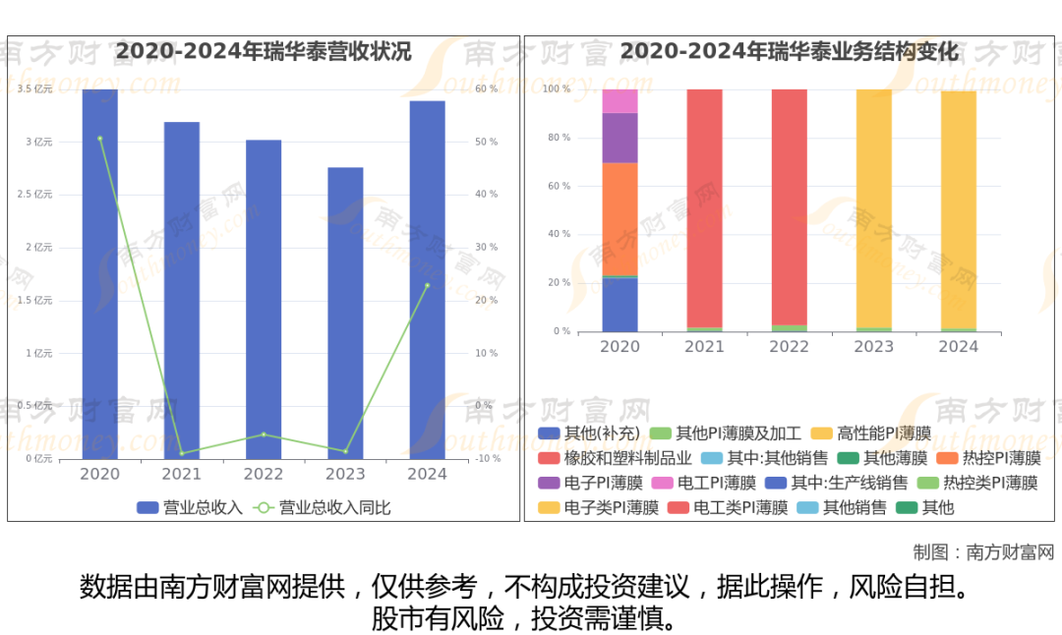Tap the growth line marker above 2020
pos(99,139)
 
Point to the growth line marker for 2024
pos(427,285)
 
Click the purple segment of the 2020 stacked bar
pos(619,138)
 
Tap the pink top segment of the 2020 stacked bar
pos(619,101)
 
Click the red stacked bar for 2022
pos(789,206)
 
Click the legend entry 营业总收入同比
pos(324,508)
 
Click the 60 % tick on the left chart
pos(486,89)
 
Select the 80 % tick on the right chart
pos(559,138)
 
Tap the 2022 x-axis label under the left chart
pos(264,474)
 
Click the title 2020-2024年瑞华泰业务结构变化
pos(790,51)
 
